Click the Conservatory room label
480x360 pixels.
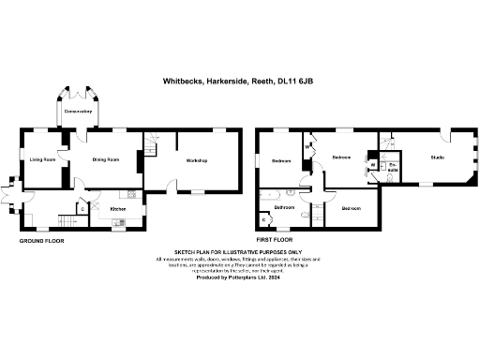78,112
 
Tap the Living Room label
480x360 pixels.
42,160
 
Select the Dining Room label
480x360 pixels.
106,160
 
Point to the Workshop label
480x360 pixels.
196,161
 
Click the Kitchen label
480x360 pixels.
118,208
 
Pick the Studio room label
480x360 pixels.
437,157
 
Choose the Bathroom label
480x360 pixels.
285,206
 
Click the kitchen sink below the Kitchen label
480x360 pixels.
118,222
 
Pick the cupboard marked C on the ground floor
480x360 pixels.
82,207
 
